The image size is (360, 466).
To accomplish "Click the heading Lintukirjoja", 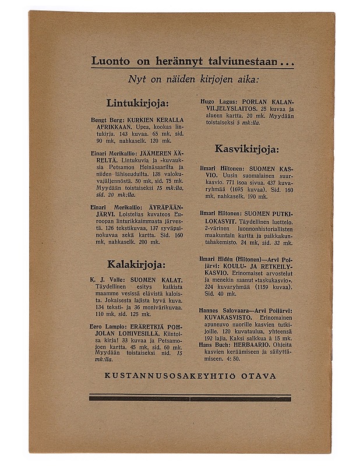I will (137, 103).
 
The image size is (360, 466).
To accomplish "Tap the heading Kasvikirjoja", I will (246, 149).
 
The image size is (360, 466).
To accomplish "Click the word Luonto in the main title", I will (112, 61).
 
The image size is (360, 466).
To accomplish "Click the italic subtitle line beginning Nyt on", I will (193, 79).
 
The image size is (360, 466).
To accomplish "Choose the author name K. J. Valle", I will (107, 280).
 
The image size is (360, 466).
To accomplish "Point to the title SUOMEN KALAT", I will (157, 280).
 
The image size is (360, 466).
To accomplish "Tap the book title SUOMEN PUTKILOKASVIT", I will (269, 214).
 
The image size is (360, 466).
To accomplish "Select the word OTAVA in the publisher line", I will (257, 376).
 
